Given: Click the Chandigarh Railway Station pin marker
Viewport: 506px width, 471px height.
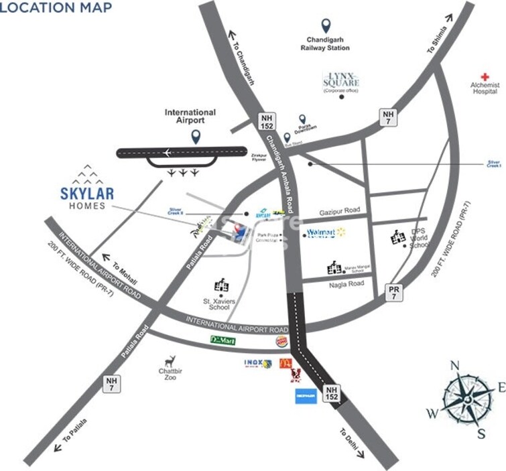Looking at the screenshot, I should [326, 26].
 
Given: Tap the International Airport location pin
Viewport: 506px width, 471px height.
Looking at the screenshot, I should [196, 137].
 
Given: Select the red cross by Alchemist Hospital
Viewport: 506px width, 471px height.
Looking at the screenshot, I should [485, 76].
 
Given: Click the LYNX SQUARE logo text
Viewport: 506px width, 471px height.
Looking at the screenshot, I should [341, 80].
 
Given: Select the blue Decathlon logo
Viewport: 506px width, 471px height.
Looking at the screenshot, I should [306, 396].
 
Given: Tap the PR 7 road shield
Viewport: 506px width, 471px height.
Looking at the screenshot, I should [395, 291].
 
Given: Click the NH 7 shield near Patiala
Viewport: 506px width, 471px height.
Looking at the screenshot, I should [113, 384].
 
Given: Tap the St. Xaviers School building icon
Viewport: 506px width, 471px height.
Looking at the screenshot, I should [221, 286].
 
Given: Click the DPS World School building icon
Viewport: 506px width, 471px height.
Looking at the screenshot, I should [398, 237].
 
